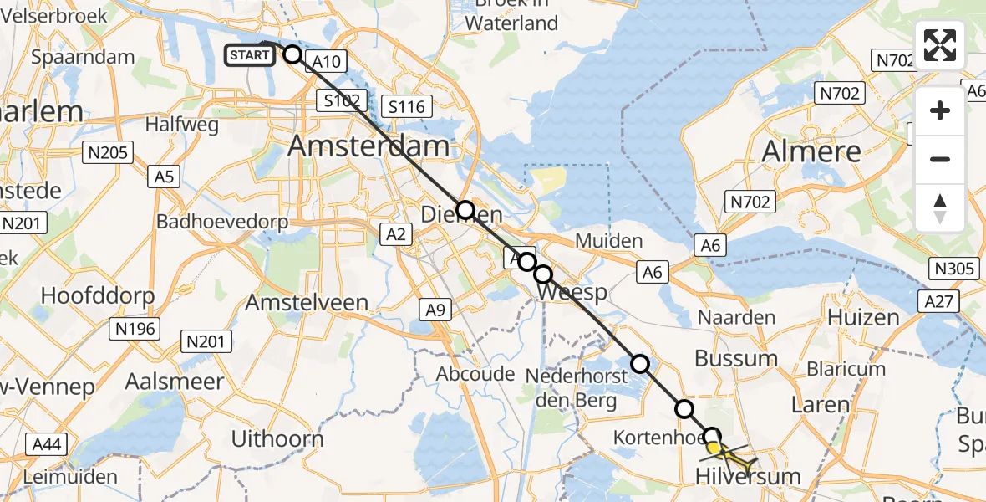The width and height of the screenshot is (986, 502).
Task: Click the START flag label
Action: (x=250, y=56)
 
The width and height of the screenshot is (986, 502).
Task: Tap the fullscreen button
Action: (x=940, y=45)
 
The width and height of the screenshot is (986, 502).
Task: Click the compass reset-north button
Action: (x=940, y=207)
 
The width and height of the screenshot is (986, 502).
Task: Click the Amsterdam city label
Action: (x=368, y=146)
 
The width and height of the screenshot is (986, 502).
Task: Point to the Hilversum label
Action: (x=748, y=477)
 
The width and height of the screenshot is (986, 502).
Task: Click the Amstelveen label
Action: (x=307, y=302)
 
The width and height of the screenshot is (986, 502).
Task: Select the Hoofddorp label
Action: (x=98, y=295)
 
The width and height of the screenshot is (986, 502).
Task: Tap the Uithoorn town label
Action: (x=277, y=438)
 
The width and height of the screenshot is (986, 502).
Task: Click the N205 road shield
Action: (x=106, y=151)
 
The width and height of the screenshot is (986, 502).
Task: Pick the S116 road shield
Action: (x=406, y=106)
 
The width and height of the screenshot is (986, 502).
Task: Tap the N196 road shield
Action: (x=135, y=329)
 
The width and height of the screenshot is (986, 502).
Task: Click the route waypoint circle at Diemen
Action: (x=465, y=209)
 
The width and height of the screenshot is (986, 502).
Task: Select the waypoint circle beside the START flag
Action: (x=292, y=55)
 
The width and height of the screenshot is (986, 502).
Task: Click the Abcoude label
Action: (x=475, y=374)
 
